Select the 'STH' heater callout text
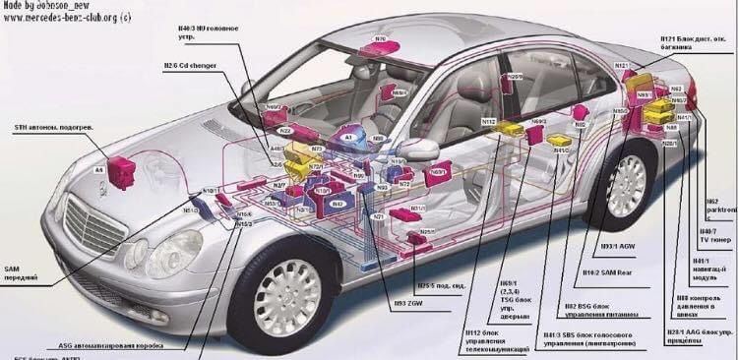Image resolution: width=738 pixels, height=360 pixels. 49,128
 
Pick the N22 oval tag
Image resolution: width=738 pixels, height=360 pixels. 285,130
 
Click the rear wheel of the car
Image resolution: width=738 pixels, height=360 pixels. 626,188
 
